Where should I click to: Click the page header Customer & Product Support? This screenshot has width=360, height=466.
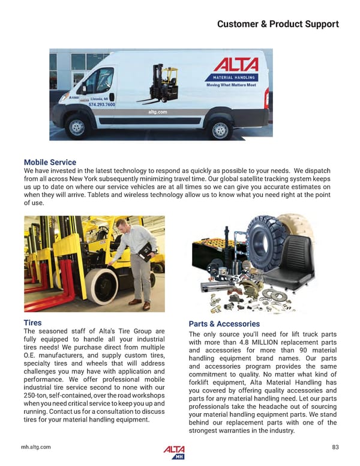click(277, 24)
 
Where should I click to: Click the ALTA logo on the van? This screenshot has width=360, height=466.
click(236, 65)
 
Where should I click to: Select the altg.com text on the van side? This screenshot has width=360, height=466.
click(157, 112)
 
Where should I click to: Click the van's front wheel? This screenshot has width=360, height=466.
click(77, 127)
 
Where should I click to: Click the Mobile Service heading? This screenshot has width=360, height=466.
click(50, 162)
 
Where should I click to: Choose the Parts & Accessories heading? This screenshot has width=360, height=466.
click(224, 324)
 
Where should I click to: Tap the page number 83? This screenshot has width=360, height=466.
click(335, 447)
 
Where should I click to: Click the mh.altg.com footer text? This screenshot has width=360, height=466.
click(37, 447)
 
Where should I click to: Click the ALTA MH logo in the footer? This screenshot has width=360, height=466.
click(174, 452)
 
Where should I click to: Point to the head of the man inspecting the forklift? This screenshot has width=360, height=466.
click(120, 226)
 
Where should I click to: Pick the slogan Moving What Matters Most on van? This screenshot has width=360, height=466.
click(231, 85)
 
